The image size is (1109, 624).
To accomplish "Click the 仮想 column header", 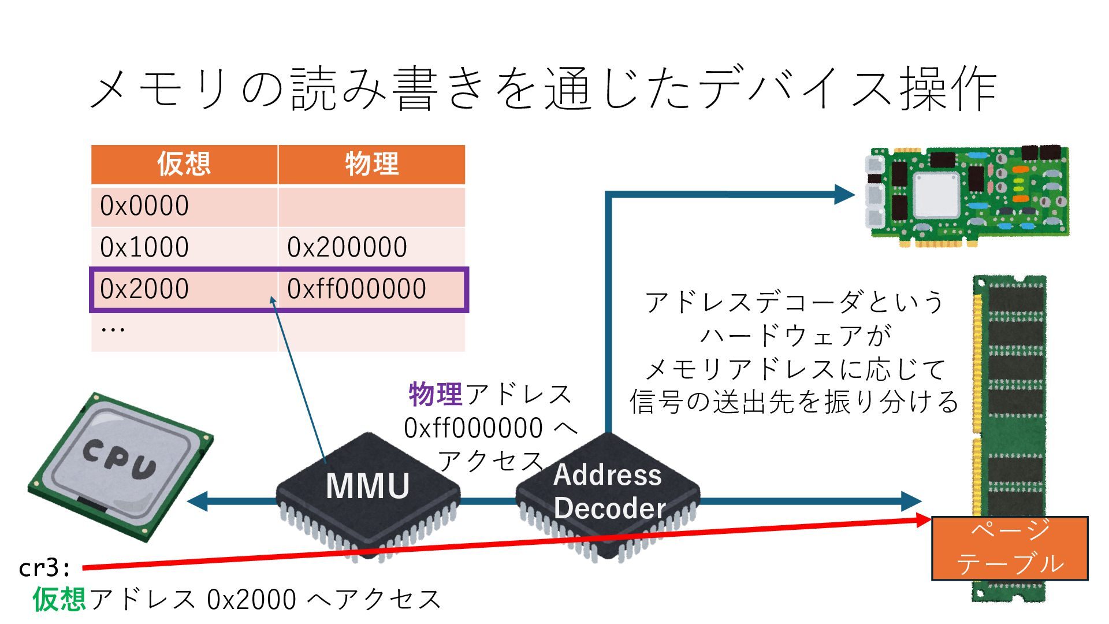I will point(184,164).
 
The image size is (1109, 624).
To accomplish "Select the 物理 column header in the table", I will point(371,164).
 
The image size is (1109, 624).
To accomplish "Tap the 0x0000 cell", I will point(144,206).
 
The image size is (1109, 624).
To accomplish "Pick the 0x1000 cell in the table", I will point(144,247).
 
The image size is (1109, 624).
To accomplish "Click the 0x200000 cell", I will point(347,247).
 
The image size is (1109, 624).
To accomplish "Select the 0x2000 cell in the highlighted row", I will point(144,289).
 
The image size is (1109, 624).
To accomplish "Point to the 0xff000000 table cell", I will point(356,289).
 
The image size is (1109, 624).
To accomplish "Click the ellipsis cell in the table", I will point(113,330).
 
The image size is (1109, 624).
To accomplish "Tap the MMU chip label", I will point(367,486).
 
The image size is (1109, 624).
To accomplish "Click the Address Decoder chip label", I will point(608,491).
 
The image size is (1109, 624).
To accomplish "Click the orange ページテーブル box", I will point(1010,548).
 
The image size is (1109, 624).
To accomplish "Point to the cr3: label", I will point(44,568).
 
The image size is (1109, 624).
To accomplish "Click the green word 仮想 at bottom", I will point(59,599).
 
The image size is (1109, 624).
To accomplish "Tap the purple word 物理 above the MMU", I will point(436,395).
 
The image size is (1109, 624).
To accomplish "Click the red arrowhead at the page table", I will point(923,520).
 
